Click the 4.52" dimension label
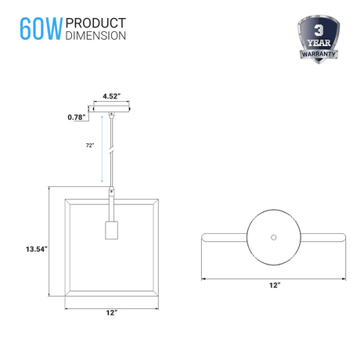click(112, 97)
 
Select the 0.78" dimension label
click(76, 117)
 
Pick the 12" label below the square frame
click(111, 313)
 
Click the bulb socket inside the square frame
click(111, 231)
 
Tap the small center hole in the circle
click(273, 236)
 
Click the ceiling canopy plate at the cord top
click(112, 110)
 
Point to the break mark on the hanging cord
click(112, 149)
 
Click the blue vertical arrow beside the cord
click(101, 149)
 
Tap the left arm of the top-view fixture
click(223, 236)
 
